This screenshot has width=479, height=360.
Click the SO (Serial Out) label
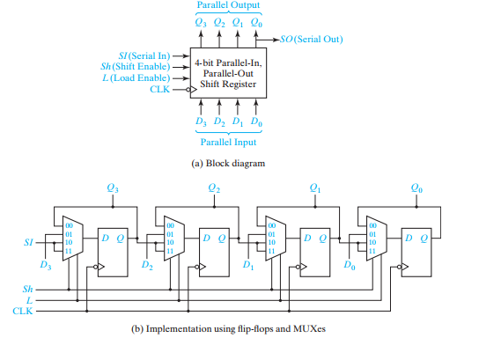(x=312, y=40)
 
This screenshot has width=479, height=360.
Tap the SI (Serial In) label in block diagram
(x=144, y=55)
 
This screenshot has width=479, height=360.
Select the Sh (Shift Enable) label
(x=136, y=67)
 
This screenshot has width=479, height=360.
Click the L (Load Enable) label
(x=136, y=77)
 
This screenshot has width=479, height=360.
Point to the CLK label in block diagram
(x=159, y=89)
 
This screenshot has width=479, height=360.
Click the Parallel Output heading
(x=228, y=5)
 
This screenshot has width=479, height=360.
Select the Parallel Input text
(x=228, y=143)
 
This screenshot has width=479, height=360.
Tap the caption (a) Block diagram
(x=228, y=164)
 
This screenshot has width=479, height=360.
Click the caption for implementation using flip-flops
(x=228, y=329)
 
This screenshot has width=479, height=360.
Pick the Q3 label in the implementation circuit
(x=113, y=187)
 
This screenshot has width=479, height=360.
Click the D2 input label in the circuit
(x=147, y=265)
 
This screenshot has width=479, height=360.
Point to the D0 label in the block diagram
(x=256, y=121)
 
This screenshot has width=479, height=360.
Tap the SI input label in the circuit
(x=28, y=242)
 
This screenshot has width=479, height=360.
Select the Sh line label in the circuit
(x=27, y=289)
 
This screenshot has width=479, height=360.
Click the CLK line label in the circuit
(x=22, y=311)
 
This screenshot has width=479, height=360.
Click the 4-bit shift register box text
(x=228, y=74)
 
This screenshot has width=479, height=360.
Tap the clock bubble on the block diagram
(x=188, y=90)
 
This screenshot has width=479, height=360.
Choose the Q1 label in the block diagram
(x=238, y=22)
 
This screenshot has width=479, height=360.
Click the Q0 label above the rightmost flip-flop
(x=416, y=187)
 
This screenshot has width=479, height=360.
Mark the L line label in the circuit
(x=29, y=300)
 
